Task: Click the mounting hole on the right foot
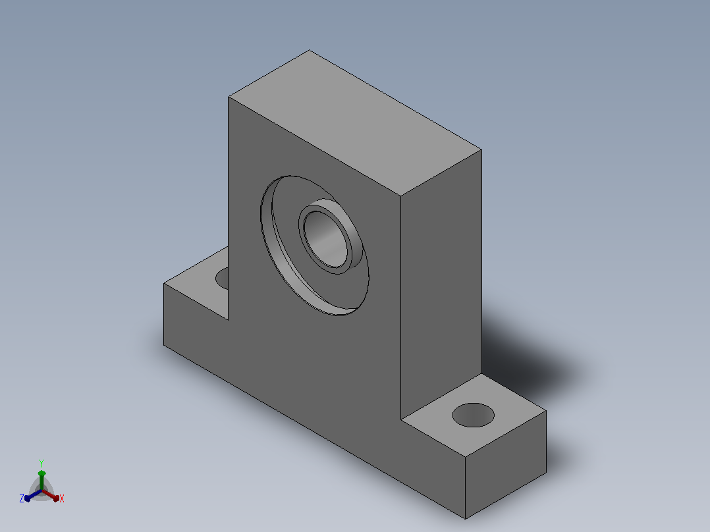pos(473,415)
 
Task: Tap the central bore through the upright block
pos(326,239)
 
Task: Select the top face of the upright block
pos(355,122)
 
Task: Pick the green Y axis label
pos(41,463)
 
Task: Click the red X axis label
pos(62,498)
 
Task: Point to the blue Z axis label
pos(22,498)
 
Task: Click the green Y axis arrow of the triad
pos(41,481)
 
